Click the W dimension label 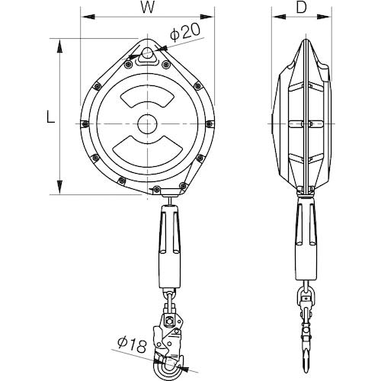coord(148,8)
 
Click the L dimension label coord(51,117)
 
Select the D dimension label coord(302,8)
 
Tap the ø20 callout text coord(185,32)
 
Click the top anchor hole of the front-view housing coord(147,53)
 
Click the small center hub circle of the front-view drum coord(147,124)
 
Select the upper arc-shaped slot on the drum coord(147,96)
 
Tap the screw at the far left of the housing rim coord(85,124)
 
